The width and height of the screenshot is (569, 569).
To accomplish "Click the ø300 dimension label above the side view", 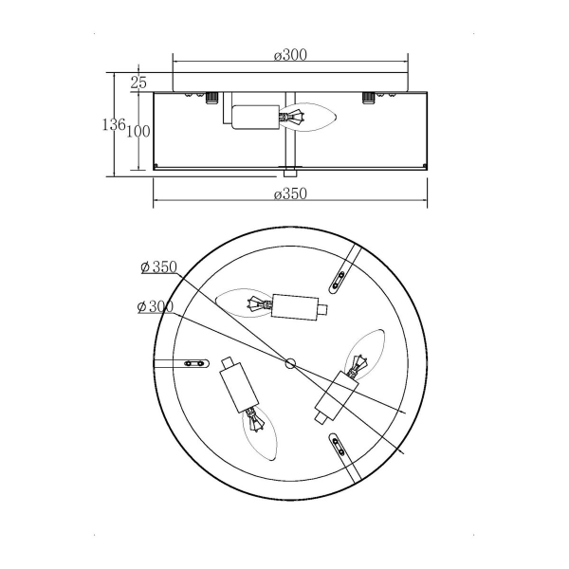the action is pyautogui.click(x=290, y=55).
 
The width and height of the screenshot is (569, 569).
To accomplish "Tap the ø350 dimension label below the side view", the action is pyautogui.click(x=290, y=193).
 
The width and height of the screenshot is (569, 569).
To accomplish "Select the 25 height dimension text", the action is pyautogui.click(x=138, y=83).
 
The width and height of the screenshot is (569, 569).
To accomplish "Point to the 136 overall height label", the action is pyautogui.click(x=114, y=125).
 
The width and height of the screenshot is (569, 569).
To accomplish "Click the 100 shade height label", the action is pyautogui.click(x=138, y=132).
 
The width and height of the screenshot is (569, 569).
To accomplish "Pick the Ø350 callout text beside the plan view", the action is pyautogui.click(x=159, y=267).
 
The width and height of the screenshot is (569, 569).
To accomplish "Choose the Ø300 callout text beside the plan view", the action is pyautogui.click(x=156, y=307).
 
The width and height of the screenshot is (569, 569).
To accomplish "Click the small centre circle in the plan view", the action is pyautogui.click(x=290, y=363).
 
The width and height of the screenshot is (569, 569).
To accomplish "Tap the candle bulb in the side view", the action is pyautogui.click(x=307, y=117).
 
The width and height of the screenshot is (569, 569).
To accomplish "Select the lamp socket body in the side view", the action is pyautogui.click(x=255, y=117).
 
